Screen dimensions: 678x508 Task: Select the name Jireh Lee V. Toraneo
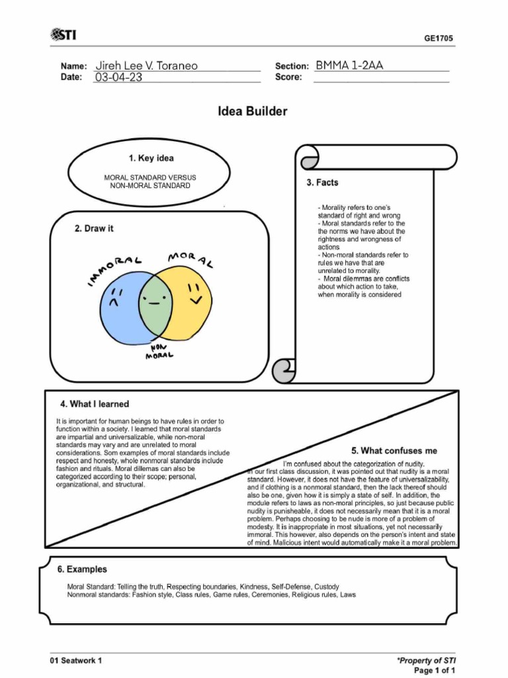click(146, 66)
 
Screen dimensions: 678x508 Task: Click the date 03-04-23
click(119, 77)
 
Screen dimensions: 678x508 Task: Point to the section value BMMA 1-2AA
click(349, 66)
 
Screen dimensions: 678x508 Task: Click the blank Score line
click(380, 77)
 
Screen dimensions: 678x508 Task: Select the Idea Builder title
click(253, 111)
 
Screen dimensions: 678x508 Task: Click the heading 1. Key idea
click(151, 158)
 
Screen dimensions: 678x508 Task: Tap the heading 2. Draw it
click(94, 228)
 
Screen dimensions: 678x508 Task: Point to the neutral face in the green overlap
click(153, 302)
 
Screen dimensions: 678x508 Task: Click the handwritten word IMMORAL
click(114, 271)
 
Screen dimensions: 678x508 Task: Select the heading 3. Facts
click(322, 183)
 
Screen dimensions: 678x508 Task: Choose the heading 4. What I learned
click(95, 404)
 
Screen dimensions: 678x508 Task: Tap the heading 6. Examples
click(82, 569)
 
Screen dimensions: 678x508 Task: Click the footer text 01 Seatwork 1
click(76, 660)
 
